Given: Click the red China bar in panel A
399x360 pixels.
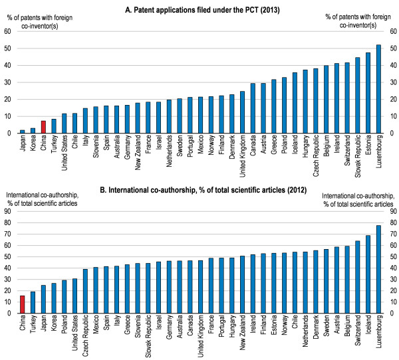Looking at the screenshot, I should click(x=43, y=127).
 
